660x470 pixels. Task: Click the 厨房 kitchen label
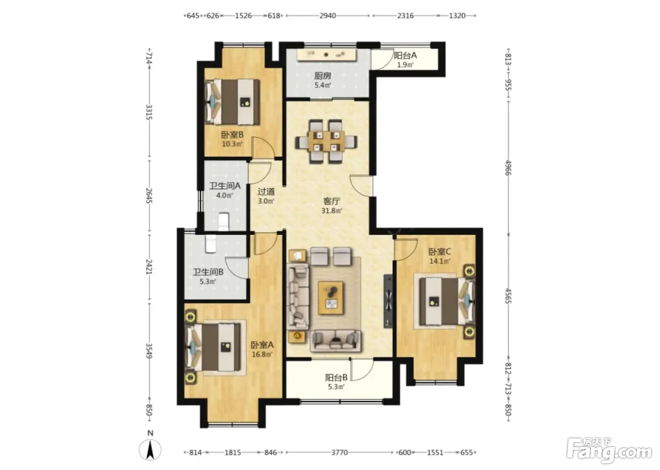coord(322,76)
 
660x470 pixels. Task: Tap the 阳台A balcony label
coord(405,55)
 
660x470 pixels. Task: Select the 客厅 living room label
coord(331,201)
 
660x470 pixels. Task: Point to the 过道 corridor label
coord(266,192)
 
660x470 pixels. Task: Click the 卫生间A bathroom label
coord(225,186)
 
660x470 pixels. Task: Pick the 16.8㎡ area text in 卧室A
coord(262,354)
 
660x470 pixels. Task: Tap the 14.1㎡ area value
coord(439,261)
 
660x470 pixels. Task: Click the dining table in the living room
coord(326,141)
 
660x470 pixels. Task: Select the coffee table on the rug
coord(330,298)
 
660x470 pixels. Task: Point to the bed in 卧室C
coord(447,302)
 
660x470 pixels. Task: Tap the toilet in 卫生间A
coord(223,222)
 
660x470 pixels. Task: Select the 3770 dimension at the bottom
coord(339,452)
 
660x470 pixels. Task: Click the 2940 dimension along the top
coord(328,16)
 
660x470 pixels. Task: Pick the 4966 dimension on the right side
coord(508,168)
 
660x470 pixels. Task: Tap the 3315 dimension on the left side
coord(149,112)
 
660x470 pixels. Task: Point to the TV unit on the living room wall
coord(388,301)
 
